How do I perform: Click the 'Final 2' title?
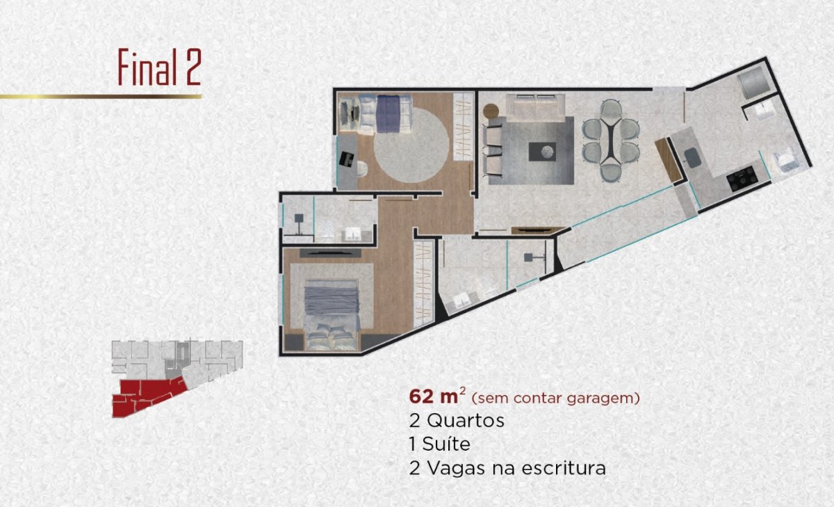160,67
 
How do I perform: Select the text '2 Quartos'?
457,421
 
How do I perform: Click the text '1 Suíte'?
439,444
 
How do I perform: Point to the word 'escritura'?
564,468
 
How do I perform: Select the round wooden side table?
491,111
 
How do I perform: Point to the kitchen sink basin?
692,157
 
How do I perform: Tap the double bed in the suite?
332,315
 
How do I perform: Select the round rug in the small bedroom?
411,145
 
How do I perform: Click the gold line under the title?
101,97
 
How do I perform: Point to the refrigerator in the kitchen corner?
753,85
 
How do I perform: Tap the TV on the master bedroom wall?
330,253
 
